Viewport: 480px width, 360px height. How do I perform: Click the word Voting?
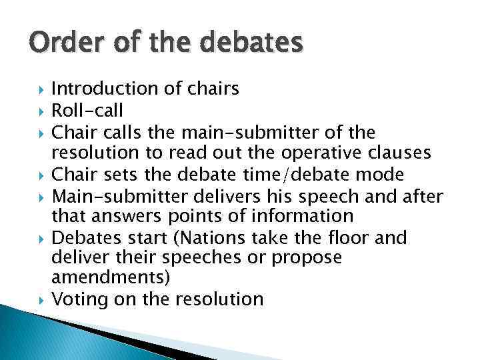[x=79, y=299]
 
